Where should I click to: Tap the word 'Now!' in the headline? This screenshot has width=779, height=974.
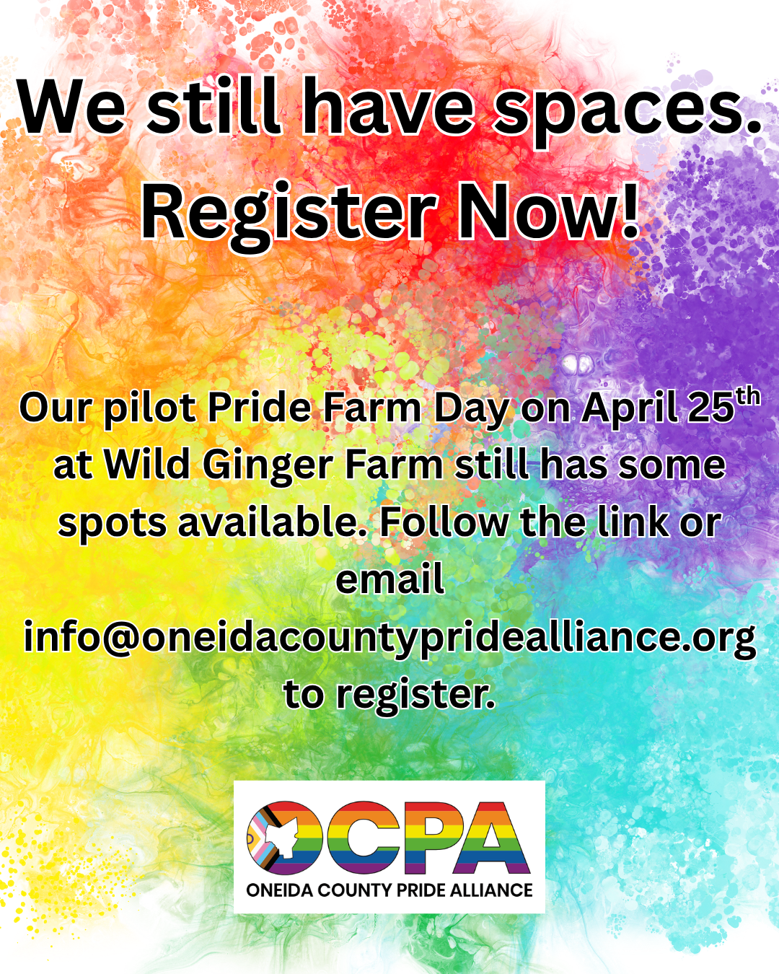pyautogui.click(x=548, y=210)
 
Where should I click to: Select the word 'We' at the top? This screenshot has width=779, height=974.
pyautogui.click(x=72, y=107)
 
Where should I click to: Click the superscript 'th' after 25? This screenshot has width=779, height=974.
pyautogui.click(x=747, y=397)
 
